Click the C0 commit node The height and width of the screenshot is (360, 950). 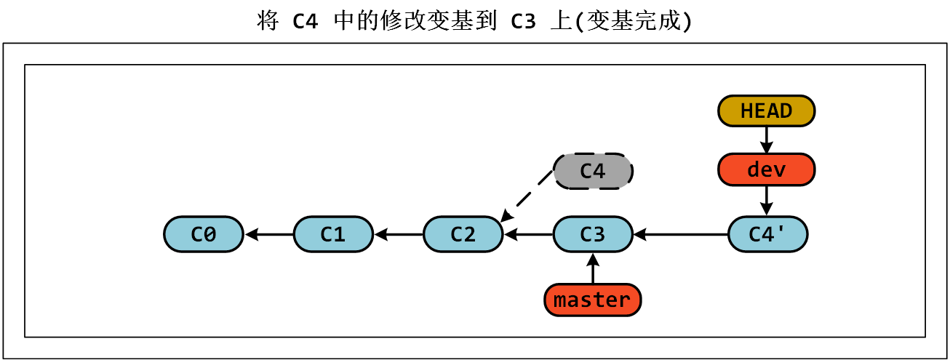coord(203,234)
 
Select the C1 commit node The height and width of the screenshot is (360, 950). coord(333,234)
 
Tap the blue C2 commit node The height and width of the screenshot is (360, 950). coord(463,234)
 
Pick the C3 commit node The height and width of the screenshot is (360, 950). coord(593,234)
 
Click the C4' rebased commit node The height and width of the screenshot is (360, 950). coord(767,234)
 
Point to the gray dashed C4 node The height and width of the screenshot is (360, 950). coord(593,171)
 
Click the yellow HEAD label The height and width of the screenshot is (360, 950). coord(767,111)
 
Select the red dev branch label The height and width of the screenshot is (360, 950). coord(767,170)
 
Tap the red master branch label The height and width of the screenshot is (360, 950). coord(593,300)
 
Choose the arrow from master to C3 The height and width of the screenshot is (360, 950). coord(593,268)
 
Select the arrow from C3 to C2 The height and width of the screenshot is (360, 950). coord(528,234)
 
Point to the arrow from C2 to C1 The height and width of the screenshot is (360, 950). coord(398,234)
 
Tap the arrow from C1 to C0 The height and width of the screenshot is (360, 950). coord(268,234)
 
